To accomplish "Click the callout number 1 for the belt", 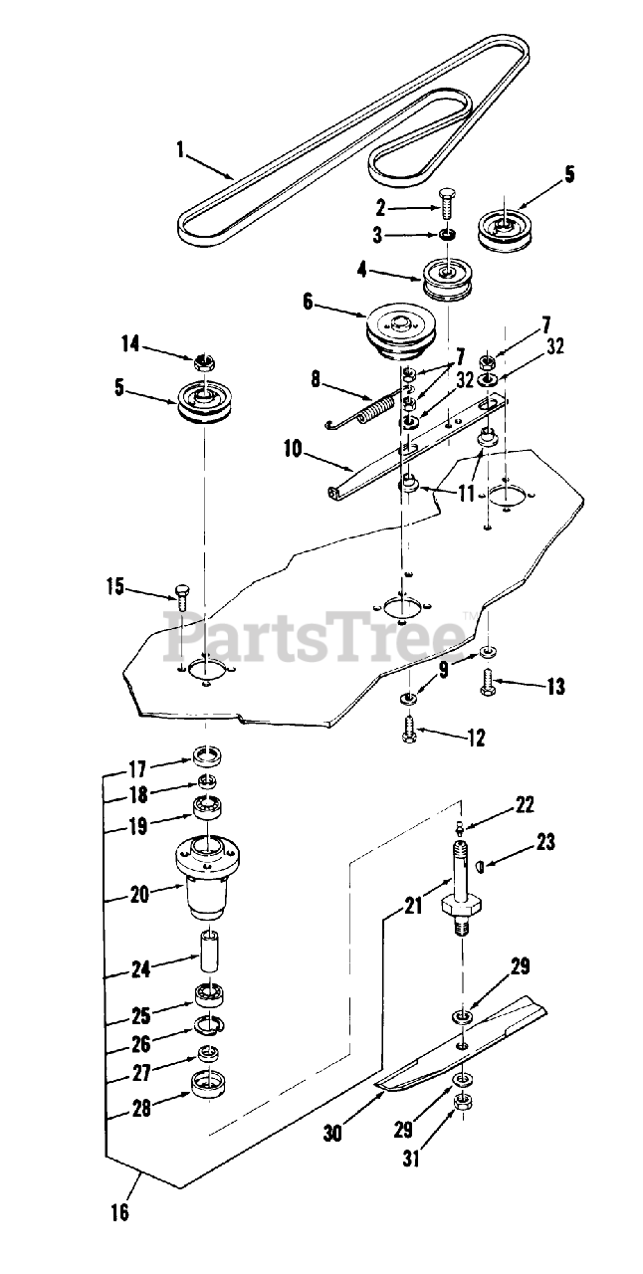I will pyautogui.click(x=181, y=150).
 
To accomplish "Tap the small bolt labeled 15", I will pyautogui.click(x=181, y=594).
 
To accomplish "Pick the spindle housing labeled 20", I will pyautogui.click(x=208, y=876).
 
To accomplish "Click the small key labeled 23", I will pyautogui.click(x=481, y=865).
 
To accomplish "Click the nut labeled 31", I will pyautogui.click(x=462, y=1103).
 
